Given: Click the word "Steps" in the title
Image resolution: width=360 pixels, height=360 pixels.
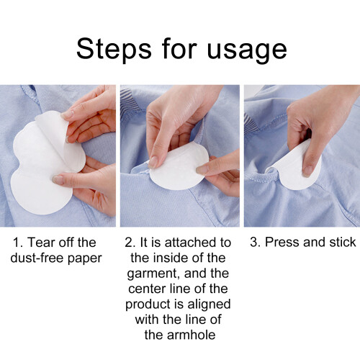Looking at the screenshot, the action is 114,50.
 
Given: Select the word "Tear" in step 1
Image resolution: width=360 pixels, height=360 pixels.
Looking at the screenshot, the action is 41,242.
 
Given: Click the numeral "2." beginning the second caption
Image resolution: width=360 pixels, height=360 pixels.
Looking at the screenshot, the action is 130,243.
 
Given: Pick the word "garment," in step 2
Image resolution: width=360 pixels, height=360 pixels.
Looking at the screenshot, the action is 153,274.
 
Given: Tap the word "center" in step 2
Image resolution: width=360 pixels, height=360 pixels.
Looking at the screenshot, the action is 147,289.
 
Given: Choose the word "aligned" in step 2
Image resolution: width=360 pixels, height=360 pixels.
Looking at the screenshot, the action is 209,305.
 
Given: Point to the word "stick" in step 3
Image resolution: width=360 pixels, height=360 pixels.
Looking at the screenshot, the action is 343,242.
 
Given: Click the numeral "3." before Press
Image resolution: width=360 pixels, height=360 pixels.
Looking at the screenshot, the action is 256,242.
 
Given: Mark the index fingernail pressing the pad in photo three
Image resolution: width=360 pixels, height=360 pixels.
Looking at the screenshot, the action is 307,171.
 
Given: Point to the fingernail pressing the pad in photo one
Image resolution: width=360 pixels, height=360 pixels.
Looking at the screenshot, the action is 58,180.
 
